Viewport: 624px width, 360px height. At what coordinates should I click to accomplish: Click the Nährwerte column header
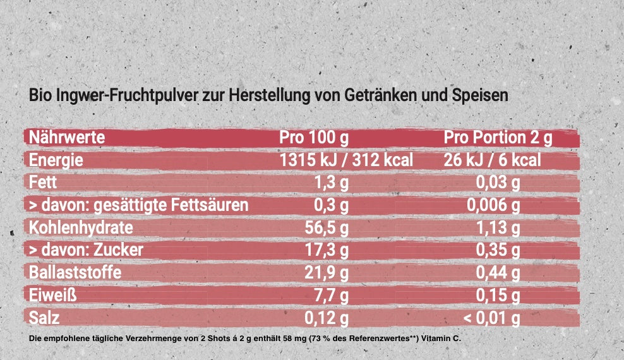tap(67, 138)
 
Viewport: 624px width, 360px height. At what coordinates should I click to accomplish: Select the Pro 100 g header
tap(314, 138)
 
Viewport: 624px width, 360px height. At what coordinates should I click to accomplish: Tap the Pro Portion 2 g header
tap(498, 138)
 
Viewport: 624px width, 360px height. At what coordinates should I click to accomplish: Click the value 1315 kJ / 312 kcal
tap(346, 160)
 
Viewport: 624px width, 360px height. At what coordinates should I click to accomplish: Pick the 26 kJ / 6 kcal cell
tap(492, 160)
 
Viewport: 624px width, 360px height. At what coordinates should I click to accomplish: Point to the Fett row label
tap(43, 182)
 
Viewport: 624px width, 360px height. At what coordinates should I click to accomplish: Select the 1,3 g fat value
tap(332, 183)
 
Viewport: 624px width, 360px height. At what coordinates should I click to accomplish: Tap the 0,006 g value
tap(493, 205)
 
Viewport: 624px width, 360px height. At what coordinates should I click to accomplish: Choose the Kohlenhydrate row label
tap(81, 227)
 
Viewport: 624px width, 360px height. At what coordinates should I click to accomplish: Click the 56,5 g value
tap(327, 228)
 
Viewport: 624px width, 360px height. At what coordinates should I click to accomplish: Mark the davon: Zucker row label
tap(86, 250)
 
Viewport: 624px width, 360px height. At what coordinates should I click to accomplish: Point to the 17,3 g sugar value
tap(327, 250)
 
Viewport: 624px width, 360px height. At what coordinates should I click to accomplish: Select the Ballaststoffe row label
tap(75, 272)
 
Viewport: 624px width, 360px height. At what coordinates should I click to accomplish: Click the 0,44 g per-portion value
tap(498, 273)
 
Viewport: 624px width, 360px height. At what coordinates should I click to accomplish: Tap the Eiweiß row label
tap(53, 295)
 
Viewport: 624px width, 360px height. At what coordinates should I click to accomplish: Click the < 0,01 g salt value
tap(491, 318)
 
